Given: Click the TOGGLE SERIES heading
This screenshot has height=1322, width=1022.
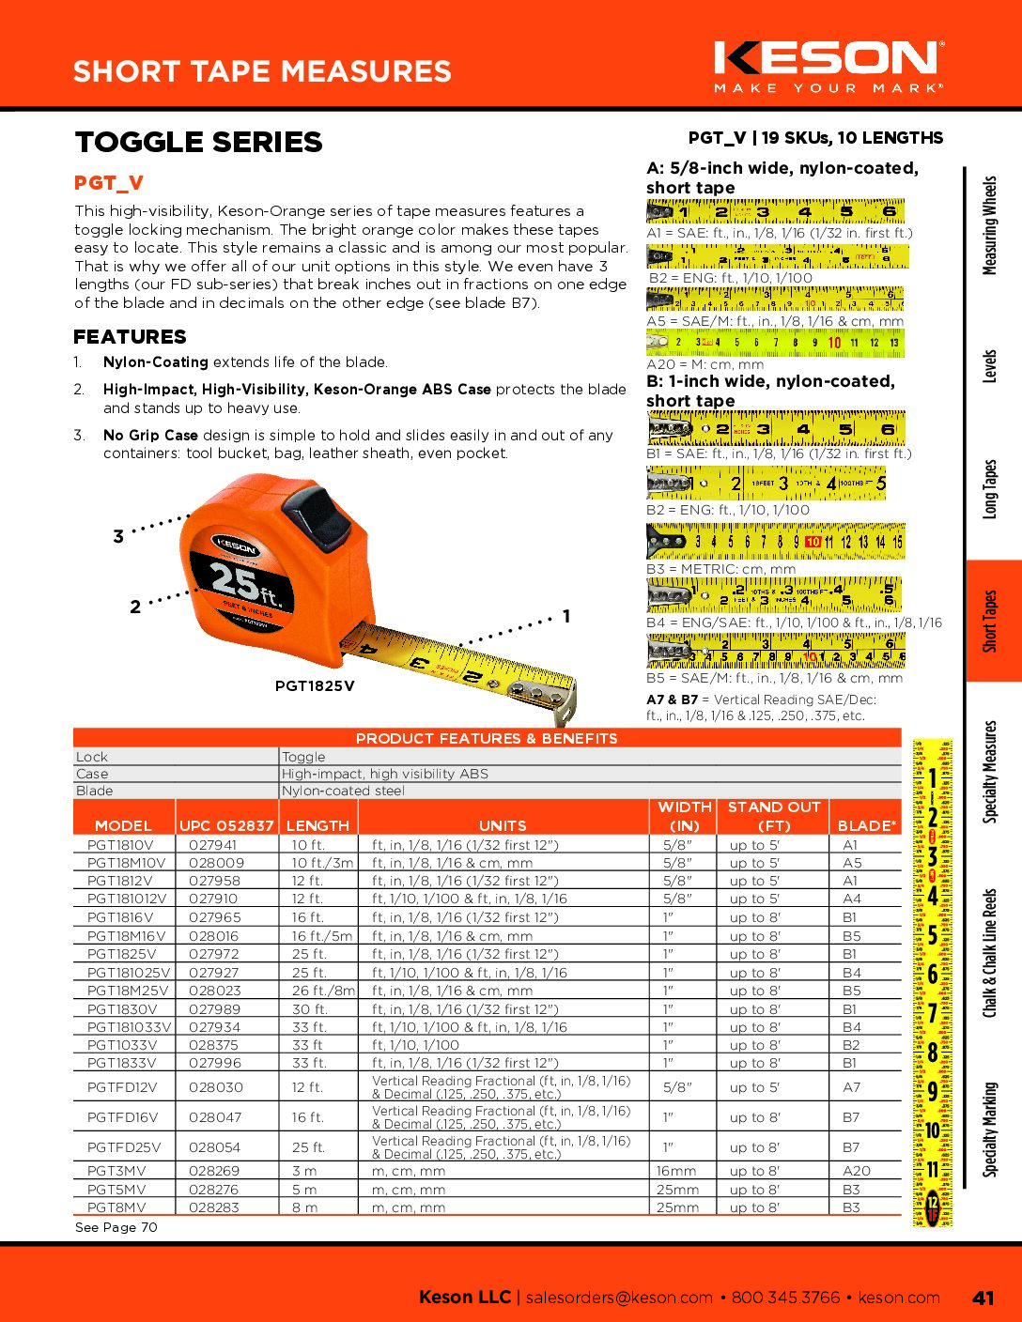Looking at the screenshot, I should [x=198, y=142].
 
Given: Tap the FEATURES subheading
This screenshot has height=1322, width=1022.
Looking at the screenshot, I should [x=130, y=337].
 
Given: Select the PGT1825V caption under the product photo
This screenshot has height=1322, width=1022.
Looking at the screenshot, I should [x=315, y=686].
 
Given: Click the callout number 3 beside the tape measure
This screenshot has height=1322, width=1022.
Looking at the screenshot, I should [x=118, y=537].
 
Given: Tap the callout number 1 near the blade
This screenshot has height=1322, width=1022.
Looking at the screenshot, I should [x=566, y=617].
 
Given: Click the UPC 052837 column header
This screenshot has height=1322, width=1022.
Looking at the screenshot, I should [x=226, y=825].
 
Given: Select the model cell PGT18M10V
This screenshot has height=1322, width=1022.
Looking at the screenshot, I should [x=126, y=863].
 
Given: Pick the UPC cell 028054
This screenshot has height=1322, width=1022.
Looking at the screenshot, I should [x=215, y=1147].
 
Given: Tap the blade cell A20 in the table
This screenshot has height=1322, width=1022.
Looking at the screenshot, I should [x=856, y=1171].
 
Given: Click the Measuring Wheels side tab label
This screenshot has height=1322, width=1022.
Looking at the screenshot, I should [x=989, y=225].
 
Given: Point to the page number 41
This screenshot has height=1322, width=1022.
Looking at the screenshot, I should [x=983, y=1298].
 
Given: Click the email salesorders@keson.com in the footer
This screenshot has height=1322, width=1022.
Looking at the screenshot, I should [x=619, y=1298].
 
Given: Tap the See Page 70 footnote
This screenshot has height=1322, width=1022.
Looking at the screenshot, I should [x=116, y=1227].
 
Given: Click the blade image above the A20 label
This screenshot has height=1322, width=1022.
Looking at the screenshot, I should [x=775, y=344].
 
